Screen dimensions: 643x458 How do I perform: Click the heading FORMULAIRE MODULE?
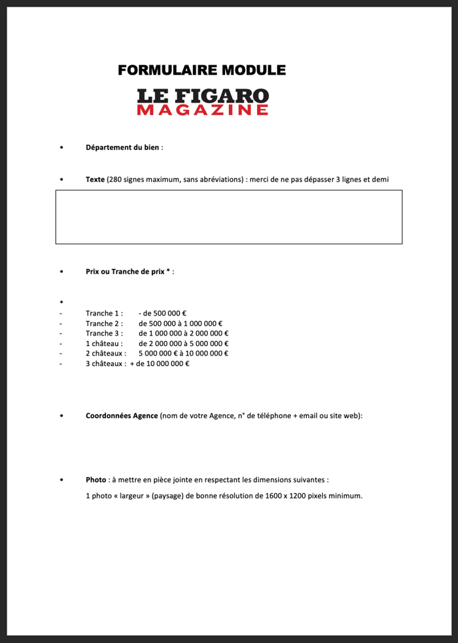(x=202, y=70)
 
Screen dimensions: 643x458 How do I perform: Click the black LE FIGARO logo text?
(x=203, y=96)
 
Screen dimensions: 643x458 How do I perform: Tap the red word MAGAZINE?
(x=203, y=110)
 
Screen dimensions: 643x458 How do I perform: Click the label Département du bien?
(x=122, y=147)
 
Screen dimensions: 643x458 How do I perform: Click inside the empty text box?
(x=228, y=217)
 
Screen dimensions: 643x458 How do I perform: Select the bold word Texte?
(x=95, y=179)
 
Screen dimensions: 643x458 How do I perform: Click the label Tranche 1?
(x=103, y=314)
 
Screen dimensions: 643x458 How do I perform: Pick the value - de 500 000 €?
(x=162, y=314)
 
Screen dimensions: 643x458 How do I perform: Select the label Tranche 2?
(x=103, y=323)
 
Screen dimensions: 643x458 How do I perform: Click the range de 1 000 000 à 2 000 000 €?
(x=184, y=333)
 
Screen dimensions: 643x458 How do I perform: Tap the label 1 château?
(x=104, y=343)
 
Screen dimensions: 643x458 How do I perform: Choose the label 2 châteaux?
(x=105, y=353)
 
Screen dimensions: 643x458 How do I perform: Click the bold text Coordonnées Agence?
(x=122, y=415)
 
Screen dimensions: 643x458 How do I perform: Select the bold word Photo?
(x=96, y=479)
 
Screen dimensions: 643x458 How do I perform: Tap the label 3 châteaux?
(x=105, y=363)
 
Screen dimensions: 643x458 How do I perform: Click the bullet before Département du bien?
(x=61, y=148)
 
